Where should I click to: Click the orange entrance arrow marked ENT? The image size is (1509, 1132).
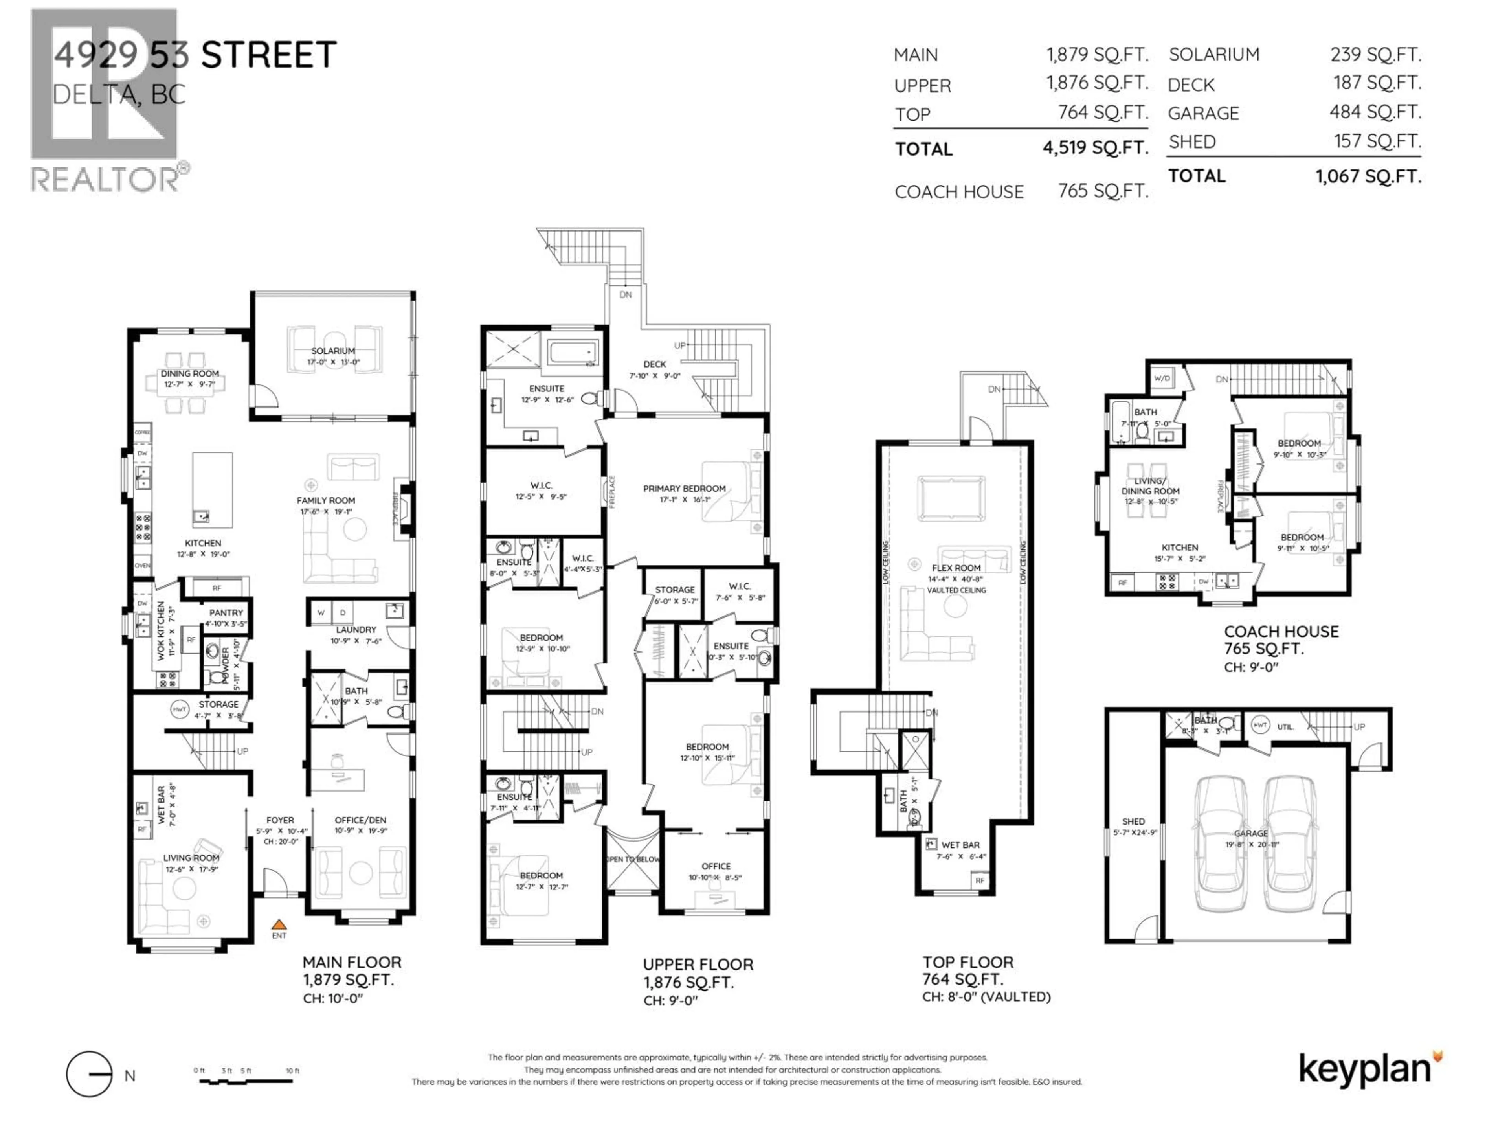pos(278,924)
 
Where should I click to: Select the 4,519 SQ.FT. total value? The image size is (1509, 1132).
pos(1095,147)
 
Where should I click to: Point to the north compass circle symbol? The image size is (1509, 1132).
pos(89,1074)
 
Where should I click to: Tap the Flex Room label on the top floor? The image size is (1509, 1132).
pos(956,568)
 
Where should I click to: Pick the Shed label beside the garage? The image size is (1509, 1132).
pos(1133,821)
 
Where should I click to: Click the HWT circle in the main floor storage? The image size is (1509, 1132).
pos(180,709)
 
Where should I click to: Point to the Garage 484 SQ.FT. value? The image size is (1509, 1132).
pos(1375,112)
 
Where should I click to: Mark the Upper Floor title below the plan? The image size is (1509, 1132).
pos(698,964)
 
